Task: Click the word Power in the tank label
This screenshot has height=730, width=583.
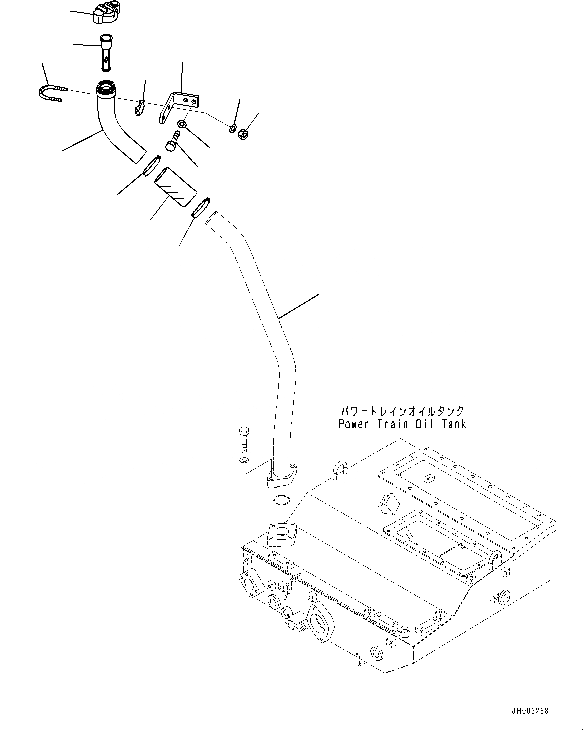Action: click(354, 424)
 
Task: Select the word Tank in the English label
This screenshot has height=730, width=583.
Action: click(453, 424)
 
